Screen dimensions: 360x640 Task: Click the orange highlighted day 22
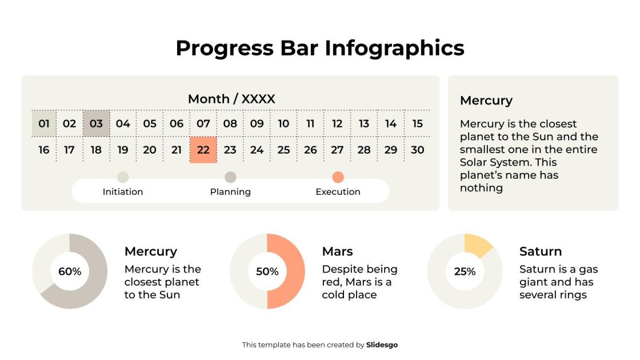point(203,150)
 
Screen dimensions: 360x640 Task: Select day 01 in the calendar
point(44,123)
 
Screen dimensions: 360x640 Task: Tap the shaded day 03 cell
point(96,123)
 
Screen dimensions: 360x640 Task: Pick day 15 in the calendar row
point(417,123)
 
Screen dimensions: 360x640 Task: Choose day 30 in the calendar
point(417,150)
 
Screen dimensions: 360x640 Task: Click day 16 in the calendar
point(44,150)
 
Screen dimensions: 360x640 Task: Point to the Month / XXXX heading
point(231,99)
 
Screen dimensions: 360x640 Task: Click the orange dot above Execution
point(338,177)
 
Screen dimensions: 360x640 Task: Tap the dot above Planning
point(230,177)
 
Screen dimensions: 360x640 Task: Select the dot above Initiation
point(123,177)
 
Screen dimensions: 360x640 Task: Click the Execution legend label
point(338,192)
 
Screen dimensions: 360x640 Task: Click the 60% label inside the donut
point(70,271)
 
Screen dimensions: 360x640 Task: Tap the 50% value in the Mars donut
point(267,271)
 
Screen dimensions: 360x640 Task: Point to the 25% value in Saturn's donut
point(465,271)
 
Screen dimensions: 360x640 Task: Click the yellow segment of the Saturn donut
point(478,245)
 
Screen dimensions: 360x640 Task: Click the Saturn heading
point(540,251)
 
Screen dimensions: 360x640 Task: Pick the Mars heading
point(337,251)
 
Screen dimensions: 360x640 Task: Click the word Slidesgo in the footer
point(382,345)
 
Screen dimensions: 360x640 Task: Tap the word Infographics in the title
point(394,48)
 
